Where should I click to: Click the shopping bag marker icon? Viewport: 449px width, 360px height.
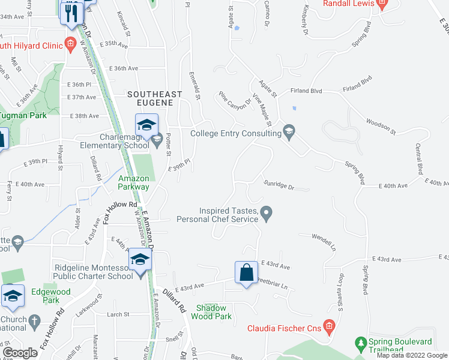click(247, 273)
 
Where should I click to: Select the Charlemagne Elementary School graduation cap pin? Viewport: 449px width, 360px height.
click(145, 126)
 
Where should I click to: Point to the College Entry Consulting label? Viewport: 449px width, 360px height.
click(236, 134)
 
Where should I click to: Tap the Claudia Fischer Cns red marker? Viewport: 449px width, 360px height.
click(328, 327)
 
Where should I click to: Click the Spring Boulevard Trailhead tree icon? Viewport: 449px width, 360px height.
click(361, 344)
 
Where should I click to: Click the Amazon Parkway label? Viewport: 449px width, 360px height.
click(133, 182)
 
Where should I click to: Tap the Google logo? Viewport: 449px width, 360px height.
click(20, 353)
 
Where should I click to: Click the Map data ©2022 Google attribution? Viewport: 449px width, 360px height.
click(412, 355)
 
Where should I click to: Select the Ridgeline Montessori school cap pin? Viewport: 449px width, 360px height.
click(140, 260)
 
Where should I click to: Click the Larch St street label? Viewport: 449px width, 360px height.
click(118, 314)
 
